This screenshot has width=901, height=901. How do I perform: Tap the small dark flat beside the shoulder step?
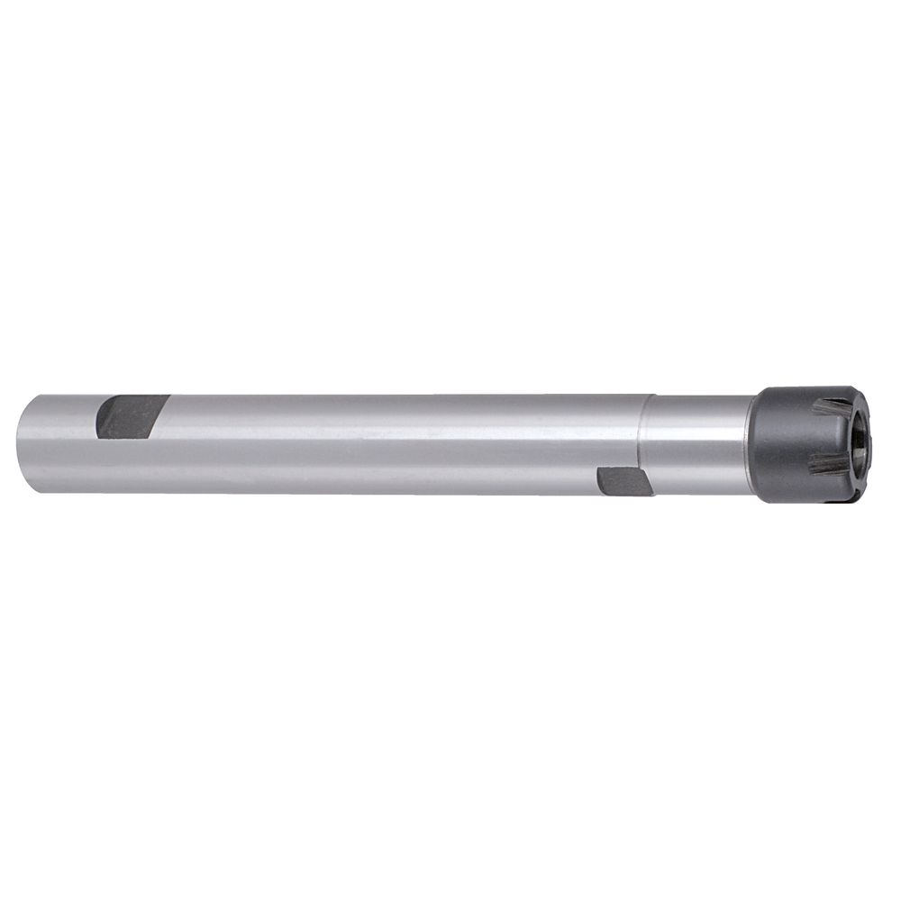[x=624, y=480]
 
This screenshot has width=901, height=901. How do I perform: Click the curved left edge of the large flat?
[x=99, y=419]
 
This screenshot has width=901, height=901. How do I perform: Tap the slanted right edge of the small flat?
[x=647, y=482]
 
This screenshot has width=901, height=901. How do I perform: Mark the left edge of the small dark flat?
[x=599, y=480]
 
